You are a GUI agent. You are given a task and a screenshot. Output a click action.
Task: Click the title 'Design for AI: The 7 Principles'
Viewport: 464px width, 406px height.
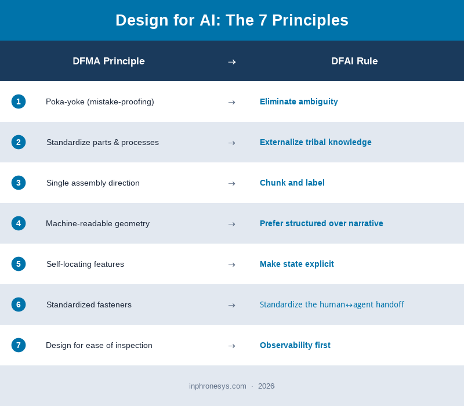(x=232, y=20)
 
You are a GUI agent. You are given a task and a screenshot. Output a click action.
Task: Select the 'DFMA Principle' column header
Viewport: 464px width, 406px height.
(x=108, y=61)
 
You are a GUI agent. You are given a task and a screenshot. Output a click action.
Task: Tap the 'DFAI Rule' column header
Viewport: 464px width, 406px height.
(x=354, y=61)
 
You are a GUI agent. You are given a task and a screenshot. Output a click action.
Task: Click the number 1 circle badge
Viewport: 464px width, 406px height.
(x=19, y=101)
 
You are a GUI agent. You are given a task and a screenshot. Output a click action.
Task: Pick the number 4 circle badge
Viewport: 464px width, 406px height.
(x=19, y=223)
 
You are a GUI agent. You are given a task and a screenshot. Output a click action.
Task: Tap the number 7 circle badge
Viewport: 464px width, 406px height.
(x=19, y=345)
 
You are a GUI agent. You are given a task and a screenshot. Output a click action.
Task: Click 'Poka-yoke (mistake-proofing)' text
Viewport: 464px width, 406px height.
(x=100, y=101)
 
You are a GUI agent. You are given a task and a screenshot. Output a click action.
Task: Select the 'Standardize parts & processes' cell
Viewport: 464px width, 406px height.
(x=103, y=142)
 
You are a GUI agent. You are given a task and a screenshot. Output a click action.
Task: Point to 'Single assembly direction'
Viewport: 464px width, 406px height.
(x=93, y=183)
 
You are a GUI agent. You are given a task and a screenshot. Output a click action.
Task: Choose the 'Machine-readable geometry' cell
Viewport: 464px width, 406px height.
(x=97, y=223)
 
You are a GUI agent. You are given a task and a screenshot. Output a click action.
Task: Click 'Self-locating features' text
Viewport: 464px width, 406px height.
(x=85, y=264)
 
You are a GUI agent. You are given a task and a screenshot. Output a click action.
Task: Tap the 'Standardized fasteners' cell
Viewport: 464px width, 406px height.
(x=89, y=304)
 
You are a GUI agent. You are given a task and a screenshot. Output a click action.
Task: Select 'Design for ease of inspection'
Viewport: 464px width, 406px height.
(x=99, y=345)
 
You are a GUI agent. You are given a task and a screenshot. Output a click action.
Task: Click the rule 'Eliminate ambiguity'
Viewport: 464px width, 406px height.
(x=299, y=101)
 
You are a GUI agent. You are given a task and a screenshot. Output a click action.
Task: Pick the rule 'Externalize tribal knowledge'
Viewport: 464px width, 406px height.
(x=316, y=142)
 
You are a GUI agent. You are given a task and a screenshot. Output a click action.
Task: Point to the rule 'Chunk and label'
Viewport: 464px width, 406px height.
(x=292, y=183)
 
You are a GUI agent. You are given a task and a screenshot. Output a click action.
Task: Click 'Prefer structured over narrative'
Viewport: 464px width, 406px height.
(x=321, y=223)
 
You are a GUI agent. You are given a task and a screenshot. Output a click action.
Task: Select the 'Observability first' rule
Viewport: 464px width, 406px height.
(x=295, y=345)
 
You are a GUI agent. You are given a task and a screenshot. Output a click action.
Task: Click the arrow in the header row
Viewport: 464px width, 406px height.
(x=231, y=61)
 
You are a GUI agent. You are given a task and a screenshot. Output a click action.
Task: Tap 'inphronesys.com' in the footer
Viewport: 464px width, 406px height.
(x=217, y=386)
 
